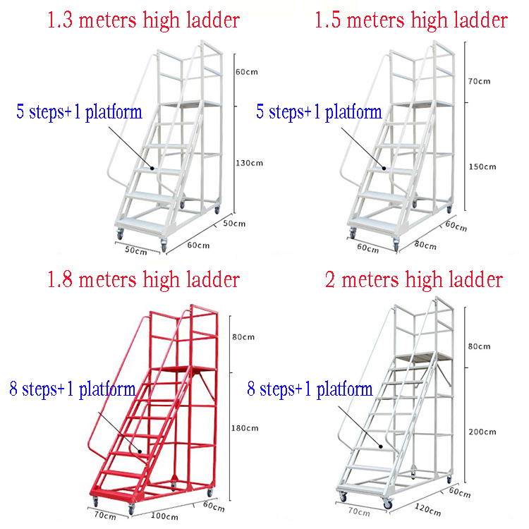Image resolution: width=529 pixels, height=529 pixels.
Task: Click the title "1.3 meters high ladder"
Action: coord(143,20)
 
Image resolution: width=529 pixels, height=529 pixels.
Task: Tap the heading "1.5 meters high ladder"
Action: coord(411,20)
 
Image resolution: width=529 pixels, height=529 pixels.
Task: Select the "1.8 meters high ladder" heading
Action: coord(143,279)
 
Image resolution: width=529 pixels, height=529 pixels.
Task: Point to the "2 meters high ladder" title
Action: coord(414,279)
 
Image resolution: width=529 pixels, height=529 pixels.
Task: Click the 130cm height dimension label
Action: coord(248,163)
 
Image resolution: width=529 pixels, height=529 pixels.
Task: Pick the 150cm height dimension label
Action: coord(482,166)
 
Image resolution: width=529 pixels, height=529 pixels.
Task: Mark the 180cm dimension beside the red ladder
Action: coord(245,427)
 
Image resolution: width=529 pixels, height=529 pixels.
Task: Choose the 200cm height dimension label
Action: coord(482,432)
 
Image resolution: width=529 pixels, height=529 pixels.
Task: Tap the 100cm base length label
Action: coord(164,516)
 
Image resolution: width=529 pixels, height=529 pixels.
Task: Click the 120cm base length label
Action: coord(428,508)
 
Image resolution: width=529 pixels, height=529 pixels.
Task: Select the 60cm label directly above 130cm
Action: coord(246,72)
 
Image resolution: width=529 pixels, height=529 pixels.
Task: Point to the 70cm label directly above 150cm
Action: coord(479,81)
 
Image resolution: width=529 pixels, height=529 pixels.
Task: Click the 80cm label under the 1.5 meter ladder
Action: coord(425,245)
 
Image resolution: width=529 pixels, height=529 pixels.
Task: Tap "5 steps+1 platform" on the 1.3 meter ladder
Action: coord(79,111)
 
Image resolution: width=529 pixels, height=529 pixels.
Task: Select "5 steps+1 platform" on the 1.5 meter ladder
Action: coord(319,111)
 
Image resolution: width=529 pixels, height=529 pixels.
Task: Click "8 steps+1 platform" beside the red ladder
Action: coord(73,389)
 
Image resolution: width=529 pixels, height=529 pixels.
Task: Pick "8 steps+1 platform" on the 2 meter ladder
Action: coord(310,389)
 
